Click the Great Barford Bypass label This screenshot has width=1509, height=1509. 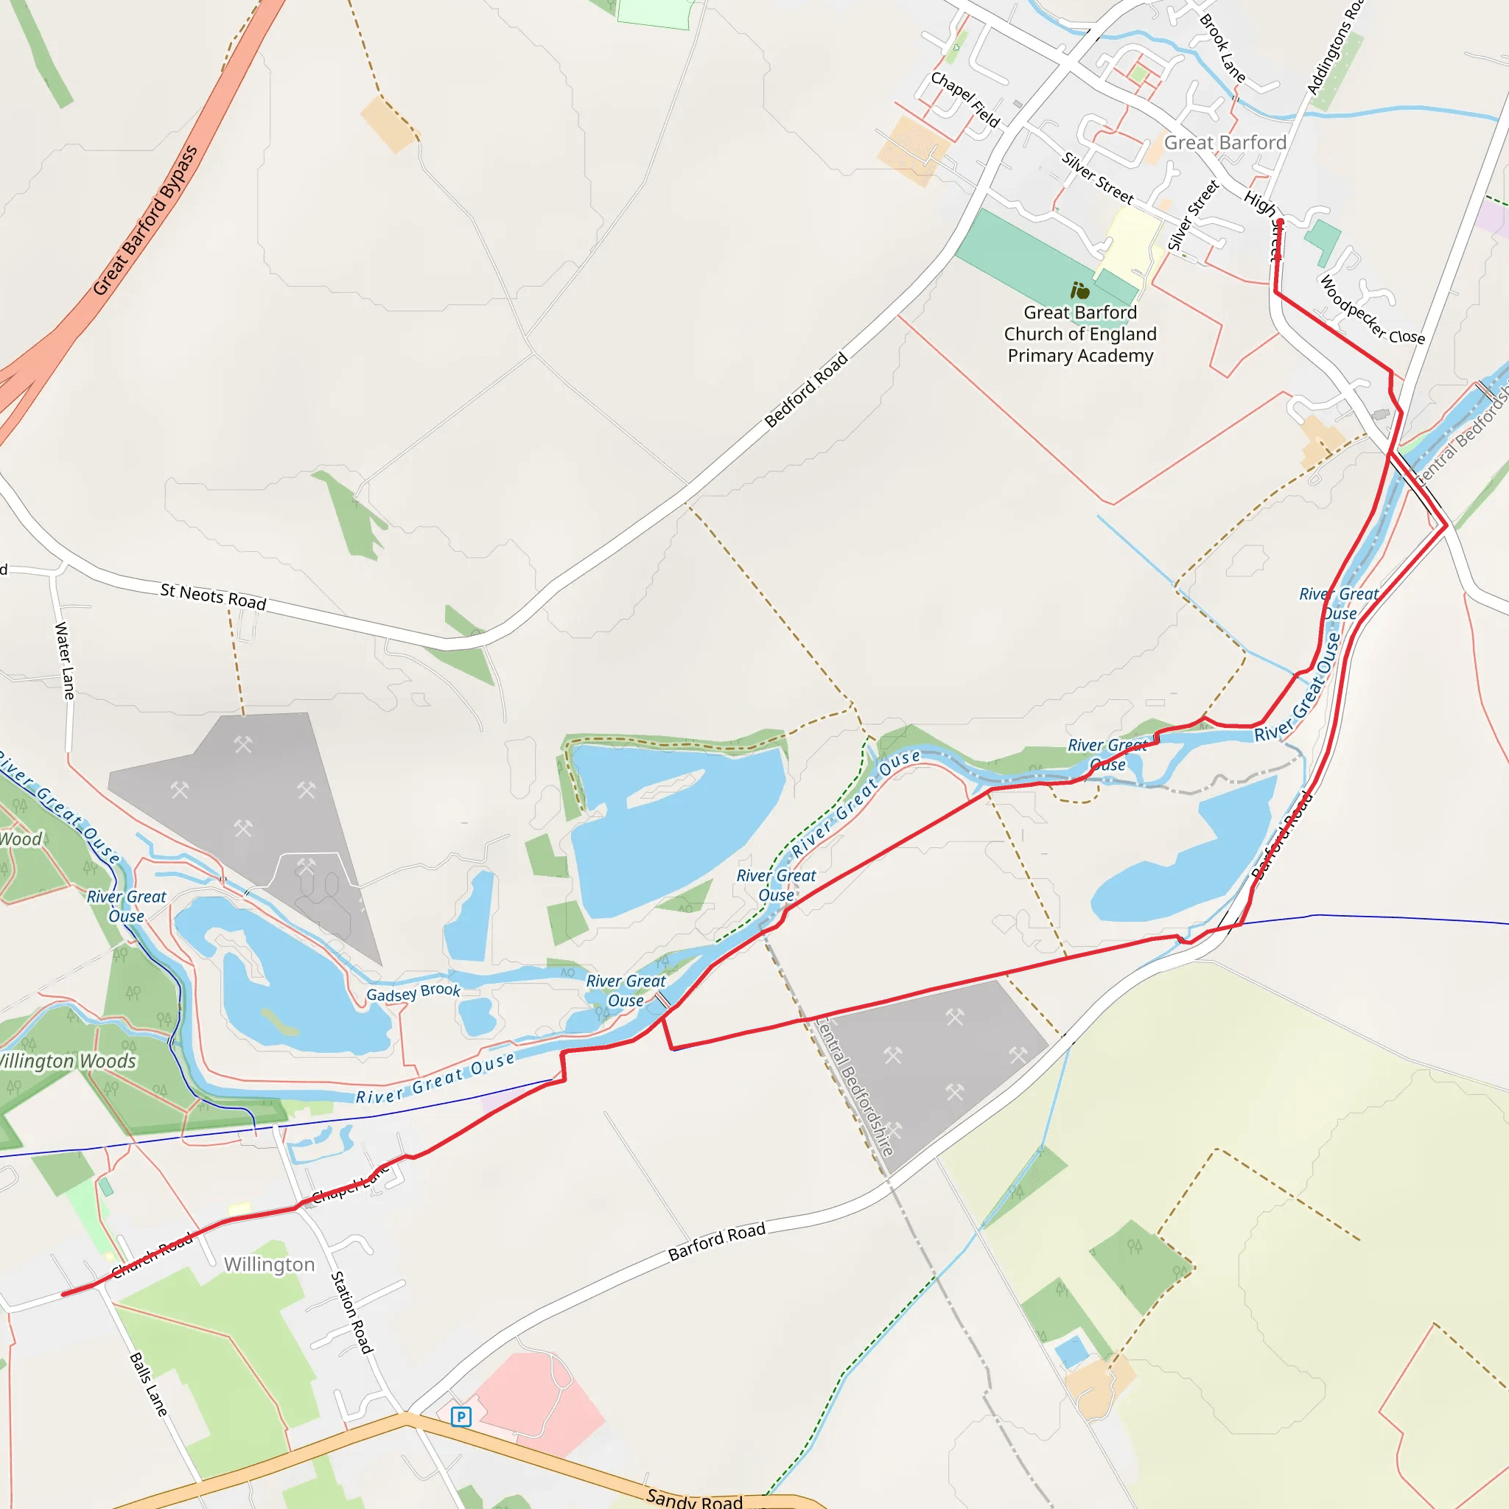pyautogui.click(x=146, y=220)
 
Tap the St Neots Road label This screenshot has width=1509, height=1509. pyautogui.click(x=213, y=597)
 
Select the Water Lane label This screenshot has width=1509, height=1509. pyautogui.click(x=65, y=660)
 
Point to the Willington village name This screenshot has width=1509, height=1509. pyautogui.click(x=270, y=1264)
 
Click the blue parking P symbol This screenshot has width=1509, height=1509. pyautogui.click(x=461, y=1416)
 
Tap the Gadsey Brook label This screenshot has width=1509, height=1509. pyautogui.click(x=413, y=992)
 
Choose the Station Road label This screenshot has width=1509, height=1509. pyautogui.click(x=351, y=1312)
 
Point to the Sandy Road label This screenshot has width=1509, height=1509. pyautogui.click(x=694, y=1499)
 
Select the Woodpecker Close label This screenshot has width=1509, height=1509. pyautogui.click(x=1371, y=309)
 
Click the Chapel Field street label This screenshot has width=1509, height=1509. pyautogui.click(x=965, y=99)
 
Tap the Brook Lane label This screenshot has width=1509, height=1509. pyautogui.click(x=1222, y=49)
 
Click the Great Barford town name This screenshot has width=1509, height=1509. pyautogui.click(x=1225, y=143)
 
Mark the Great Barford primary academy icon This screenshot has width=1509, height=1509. pyautogui.click(x=1080, y=290)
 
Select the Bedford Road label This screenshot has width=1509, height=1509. pyautogui.click(x=806, y=390)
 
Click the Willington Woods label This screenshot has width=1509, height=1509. pyautogui.click(x=68, y=1061)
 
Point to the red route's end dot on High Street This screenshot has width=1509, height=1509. pyautogui.click(x=1279, y=223)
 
